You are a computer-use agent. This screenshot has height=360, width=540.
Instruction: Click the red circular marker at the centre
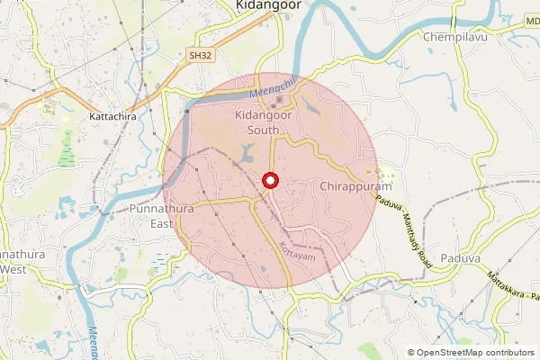tap(269, 181)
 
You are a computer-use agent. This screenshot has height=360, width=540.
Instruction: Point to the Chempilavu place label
tap(455, 37)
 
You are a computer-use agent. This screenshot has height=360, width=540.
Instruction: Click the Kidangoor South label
tap(269, 123)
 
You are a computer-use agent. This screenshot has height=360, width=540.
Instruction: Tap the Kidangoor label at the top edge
tap(267, 5)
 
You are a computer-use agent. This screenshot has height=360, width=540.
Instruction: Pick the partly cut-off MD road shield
tap(531, 20)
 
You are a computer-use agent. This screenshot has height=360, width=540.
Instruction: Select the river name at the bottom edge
tap(93, 343)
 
